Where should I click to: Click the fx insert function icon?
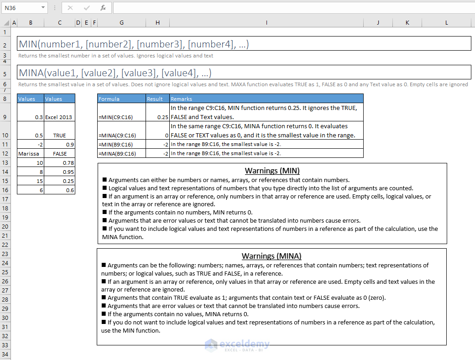pyautogui.click(x=103, y=8)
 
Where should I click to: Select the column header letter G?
pyautogui.click(x=121, y=22)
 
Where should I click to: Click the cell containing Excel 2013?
pyautogui.click(x=59, y=117)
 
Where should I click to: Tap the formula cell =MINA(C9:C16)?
pyautogui.click(x=117, y=136)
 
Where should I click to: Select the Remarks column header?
pyautogui.click(x=181, y=99)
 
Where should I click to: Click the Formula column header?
pyautogui.click(x=109, y=99)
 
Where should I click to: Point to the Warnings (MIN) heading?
pyautogui.click(x=272, y=171)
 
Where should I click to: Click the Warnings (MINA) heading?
pyautogui.click(x=271, y=256)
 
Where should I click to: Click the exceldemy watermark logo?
pyautogui.click(x=237, y=344)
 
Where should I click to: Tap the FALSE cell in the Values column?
pyautogui.click(x=60, y=154)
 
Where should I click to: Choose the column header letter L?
pyautogui.click(x=446, y=22)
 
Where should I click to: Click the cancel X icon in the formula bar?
pyautogui.click(x=70, y=8)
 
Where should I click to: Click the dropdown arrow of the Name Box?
pyautogui.click(x=43, y=8)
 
